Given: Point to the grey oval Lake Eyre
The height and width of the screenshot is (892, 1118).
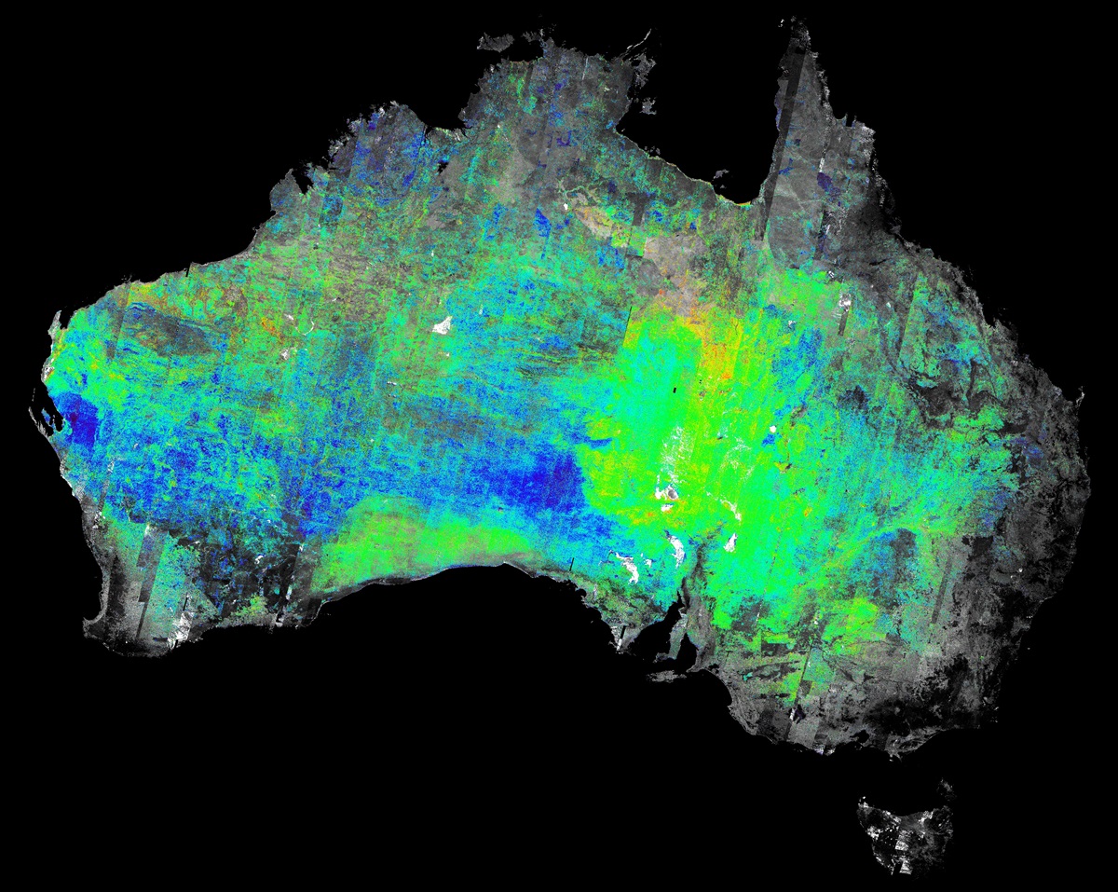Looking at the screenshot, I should (669, 491).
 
